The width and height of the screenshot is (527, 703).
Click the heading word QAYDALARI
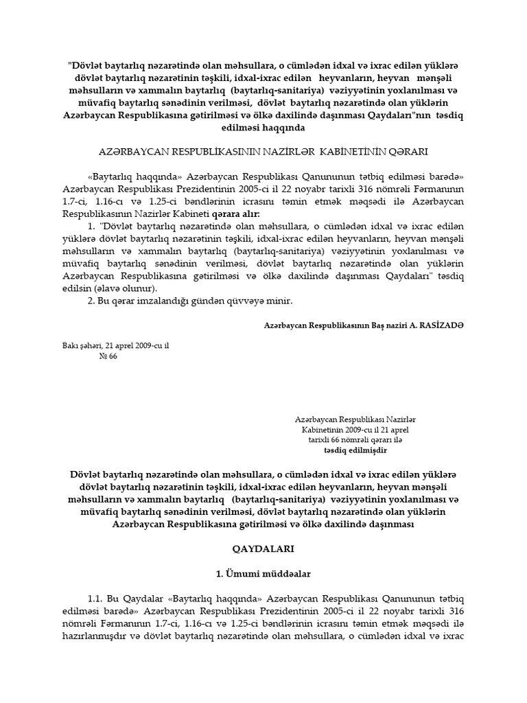tap(263, 550)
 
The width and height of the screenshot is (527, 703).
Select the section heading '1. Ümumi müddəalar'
tap(263, 572)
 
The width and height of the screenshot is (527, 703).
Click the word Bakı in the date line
tap(70, 345)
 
